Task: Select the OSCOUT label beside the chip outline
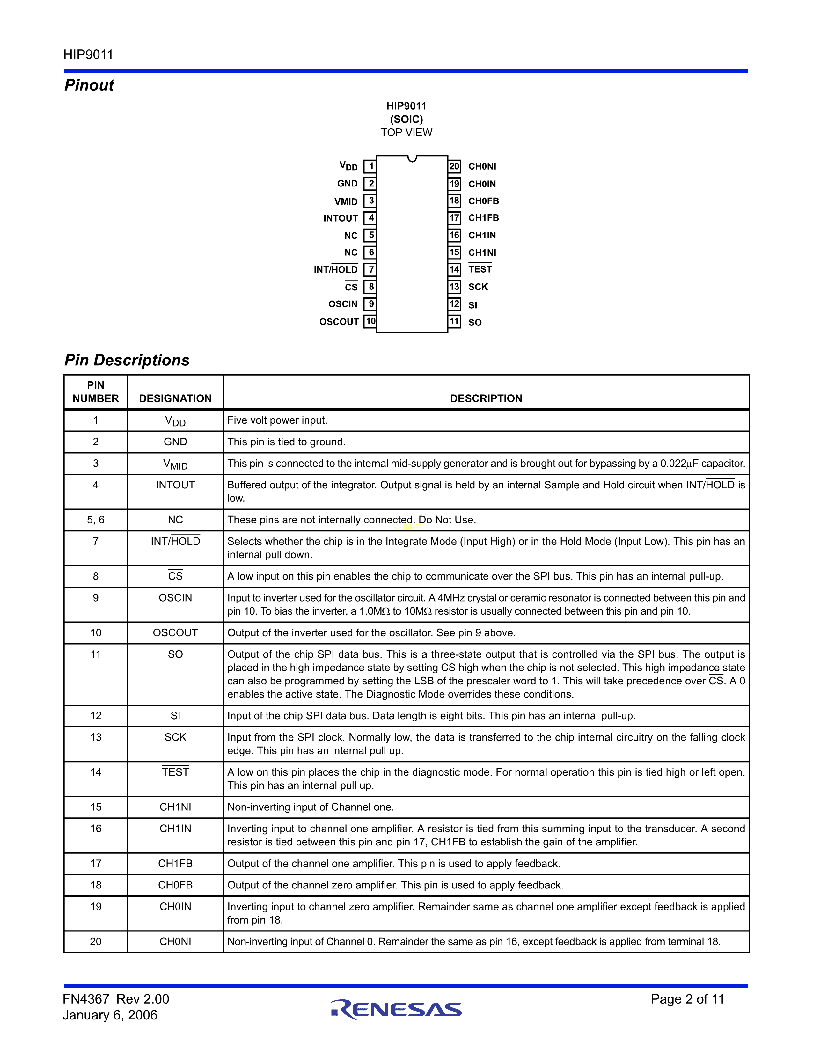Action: pyautogui.click(x=339, y=322)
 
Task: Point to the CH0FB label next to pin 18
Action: pyautogui.click(x=484, y=201)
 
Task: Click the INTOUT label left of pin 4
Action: pyautogui.click(x=341, y=218)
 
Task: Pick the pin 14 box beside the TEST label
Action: pyautogui.click(x=454, y=270)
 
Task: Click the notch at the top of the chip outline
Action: pyautogui.click(x=412, y=158)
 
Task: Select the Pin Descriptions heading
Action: pyautogui.click(x=127, y=360)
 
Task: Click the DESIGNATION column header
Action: pyautogui.click(x=175, y=398)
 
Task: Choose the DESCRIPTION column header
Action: pyautogui.click(x=486, y=398)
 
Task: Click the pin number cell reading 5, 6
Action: pyautogui.click(x=96, y=520)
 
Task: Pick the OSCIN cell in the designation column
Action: pyautogui.click(x=175, y=598)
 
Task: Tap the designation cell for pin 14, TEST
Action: pyautogui.click(x=175, y=772)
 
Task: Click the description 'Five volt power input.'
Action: pyautogui.click(x=277, y=420)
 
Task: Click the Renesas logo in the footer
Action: pyautogui.click(x=396, y=1010)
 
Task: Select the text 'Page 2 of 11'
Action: pyautogui.click(x=687, y=999)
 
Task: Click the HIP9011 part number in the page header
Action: pyautogui.click(x=88, y=55)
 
